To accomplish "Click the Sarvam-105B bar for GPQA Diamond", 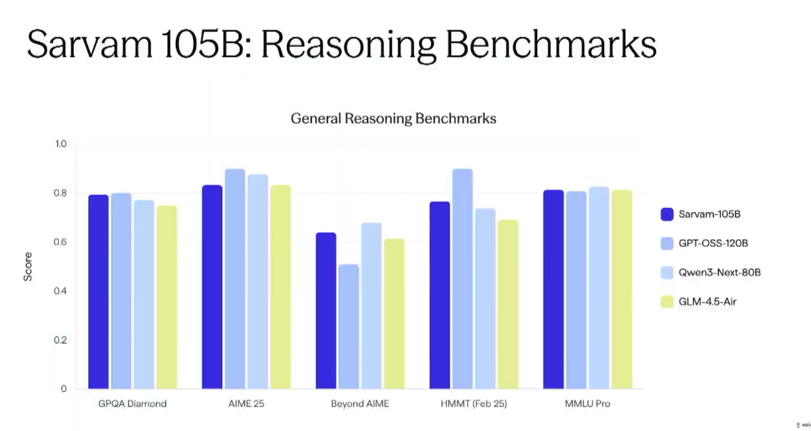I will point(98,292).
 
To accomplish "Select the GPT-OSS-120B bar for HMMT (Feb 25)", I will point(462,279).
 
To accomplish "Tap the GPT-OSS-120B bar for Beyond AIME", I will point(349,327).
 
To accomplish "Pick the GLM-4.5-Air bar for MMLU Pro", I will point(621,289).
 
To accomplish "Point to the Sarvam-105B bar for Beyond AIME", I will point(326,311).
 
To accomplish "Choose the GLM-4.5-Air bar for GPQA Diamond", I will point(166,297).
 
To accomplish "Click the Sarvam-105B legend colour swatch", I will point(667,214).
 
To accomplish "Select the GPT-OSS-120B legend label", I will point(713,243).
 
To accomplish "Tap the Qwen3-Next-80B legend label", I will point(719,272).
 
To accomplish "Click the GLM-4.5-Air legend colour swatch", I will point(667,302).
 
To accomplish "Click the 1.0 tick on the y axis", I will point(61,144).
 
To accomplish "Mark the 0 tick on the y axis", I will point(64,389).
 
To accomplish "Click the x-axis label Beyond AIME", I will point(359,404).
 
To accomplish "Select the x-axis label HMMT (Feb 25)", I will point(473,404).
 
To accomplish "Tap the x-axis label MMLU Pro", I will point(588,404).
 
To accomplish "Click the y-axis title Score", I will point(28,266).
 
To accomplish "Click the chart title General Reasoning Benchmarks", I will point(393,119).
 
